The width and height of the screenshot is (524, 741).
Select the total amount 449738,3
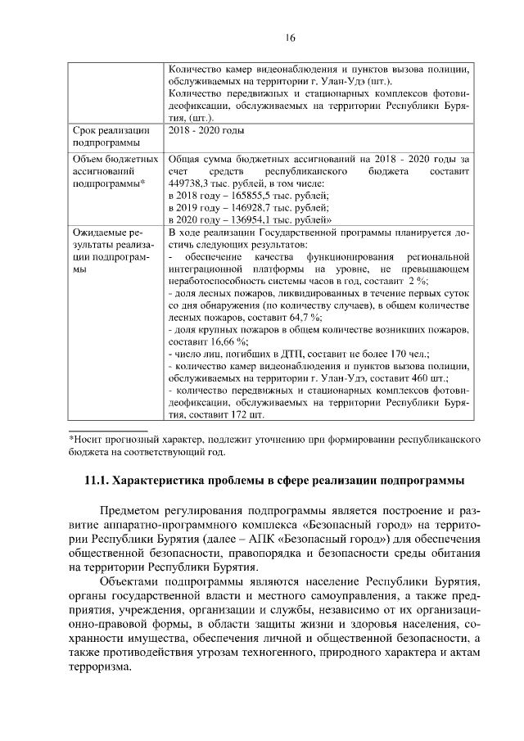coord(190,184)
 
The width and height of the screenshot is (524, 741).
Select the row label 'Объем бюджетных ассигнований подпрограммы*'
coord(112,173)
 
